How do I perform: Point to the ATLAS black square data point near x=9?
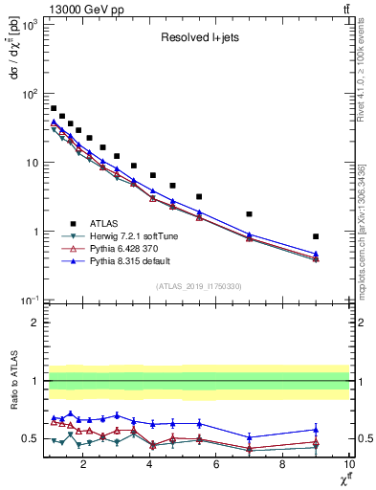coord(316,236)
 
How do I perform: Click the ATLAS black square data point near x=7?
coord(250,214)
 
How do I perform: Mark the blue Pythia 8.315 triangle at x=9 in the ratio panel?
coord(316,430)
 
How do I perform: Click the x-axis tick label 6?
coord(216,465)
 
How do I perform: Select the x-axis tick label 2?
coord(84,465)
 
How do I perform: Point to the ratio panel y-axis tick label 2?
coord(33,323)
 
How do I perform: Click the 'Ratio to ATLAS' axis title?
coord(12,381)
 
